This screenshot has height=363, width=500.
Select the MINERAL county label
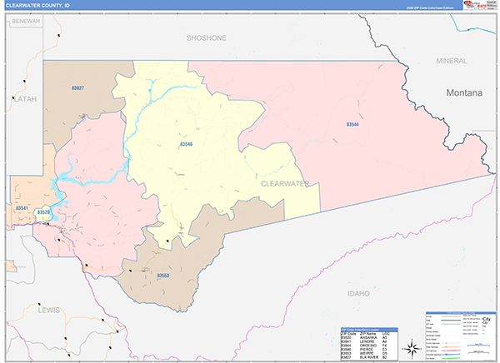451,61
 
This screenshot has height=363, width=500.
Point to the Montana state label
463,93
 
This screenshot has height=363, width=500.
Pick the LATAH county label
24,98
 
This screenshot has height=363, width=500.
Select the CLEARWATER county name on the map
284,183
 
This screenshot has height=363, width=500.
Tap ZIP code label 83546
185,144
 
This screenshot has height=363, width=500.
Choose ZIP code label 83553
162,275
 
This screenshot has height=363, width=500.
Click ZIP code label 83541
22,207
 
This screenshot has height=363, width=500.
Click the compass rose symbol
410,348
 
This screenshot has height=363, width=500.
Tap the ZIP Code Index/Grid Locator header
366,328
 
